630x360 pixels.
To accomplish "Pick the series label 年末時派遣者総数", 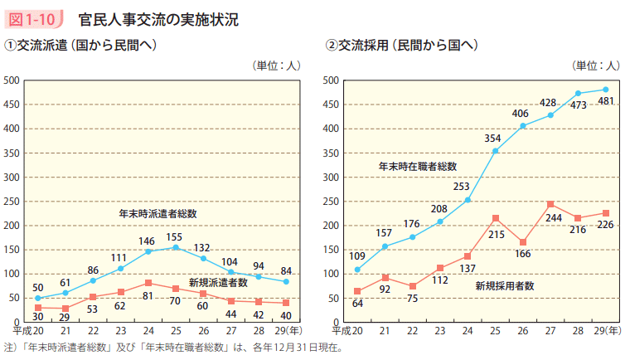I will click(157, 213).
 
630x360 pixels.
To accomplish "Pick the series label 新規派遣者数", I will click(218, 282).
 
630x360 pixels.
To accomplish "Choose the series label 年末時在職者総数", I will click(418, 167).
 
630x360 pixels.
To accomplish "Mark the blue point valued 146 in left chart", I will click(148, 251).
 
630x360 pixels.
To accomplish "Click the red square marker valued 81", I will click(148, 283).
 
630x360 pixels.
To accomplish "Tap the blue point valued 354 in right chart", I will click(495, 151).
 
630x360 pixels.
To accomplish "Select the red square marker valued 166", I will click(522, 242).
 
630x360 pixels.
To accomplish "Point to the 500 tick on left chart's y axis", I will click(12, 80).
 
